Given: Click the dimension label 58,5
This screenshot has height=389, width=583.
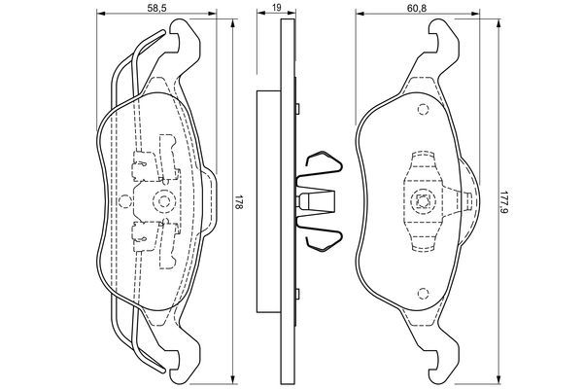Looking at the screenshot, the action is point(156,8).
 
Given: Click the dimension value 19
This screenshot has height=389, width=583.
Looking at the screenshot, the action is point(276,8).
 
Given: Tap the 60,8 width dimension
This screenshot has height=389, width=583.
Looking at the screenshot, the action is point(416,8).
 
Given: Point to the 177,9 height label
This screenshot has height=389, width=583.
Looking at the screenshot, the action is point(504,202).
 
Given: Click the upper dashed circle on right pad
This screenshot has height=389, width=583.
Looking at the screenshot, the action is point(423,109).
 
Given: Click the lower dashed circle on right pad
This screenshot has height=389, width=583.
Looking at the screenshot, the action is point(423,294).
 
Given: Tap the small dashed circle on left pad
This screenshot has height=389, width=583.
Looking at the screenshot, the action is point(124,201).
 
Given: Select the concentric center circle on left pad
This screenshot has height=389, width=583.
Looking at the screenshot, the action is point(163,201).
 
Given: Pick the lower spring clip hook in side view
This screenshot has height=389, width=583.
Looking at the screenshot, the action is point(323,241).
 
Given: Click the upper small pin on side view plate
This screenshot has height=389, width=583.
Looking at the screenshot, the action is point(297,108).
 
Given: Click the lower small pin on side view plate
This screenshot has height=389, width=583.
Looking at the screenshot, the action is point(297,294).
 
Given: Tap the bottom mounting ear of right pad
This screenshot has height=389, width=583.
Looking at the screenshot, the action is point(444,368).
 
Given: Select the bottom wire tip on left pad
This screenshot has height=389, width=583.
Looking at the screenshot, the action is point(162,372).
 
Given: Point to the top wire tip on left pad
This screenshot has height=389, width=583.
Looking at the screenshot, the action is point(162,32).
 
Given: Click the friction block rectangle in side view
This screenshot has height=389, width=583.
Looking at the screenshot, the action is point(268,201).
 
